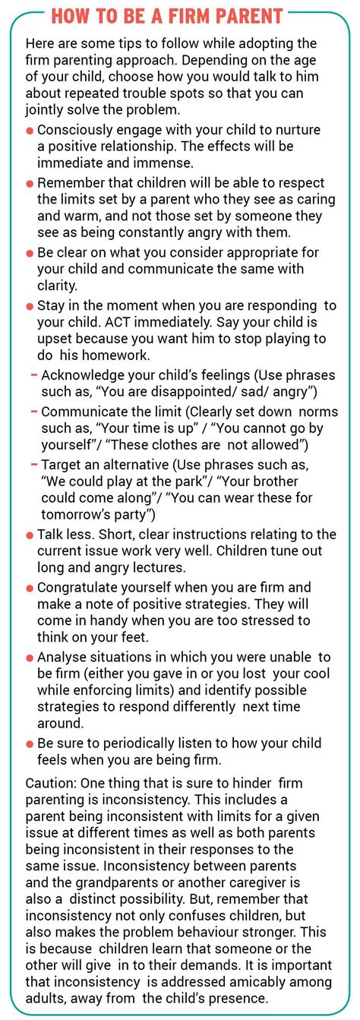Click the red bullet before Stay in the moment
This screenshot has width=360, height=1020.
(30, 305)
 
